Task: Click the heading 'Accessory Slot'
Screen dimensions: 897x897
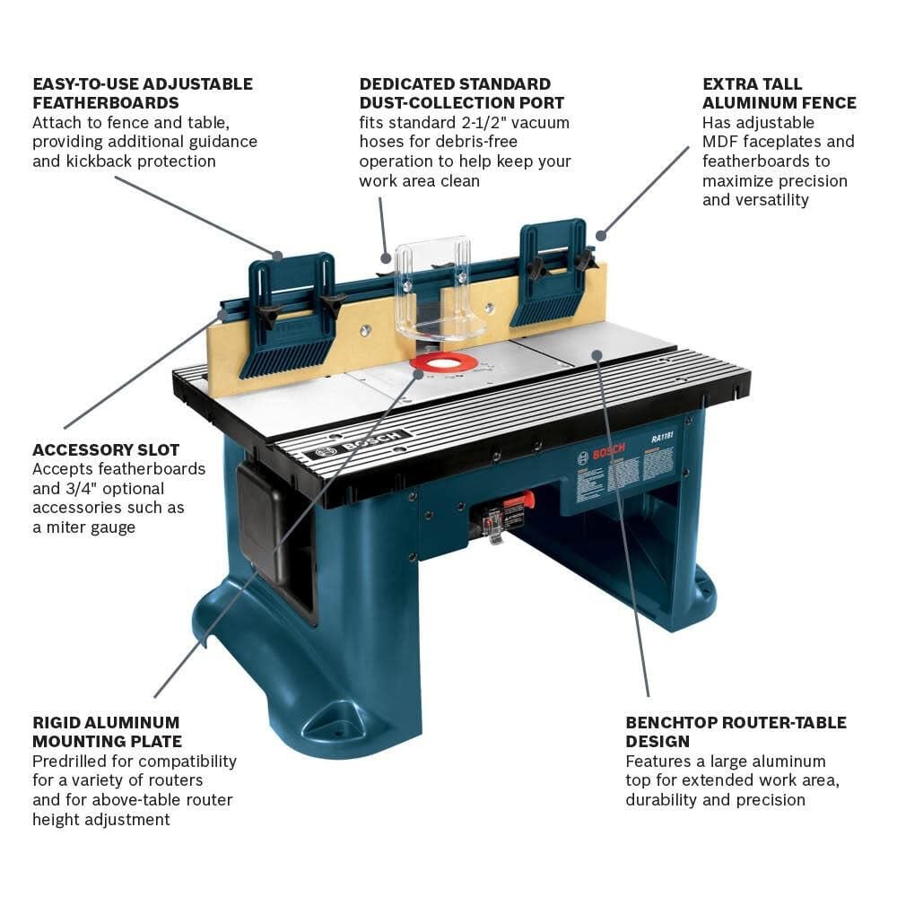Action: click(x=106, y=449)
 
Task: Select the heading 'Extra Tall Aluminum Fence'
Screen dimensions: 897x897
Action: click(x=779, y=93)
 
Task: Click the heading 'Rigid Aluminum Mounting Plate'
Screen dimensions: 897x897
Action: click(x=107, y=731)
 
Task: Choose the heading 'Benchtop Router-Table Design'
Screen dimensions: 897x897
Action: click(x=736, y=731)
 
